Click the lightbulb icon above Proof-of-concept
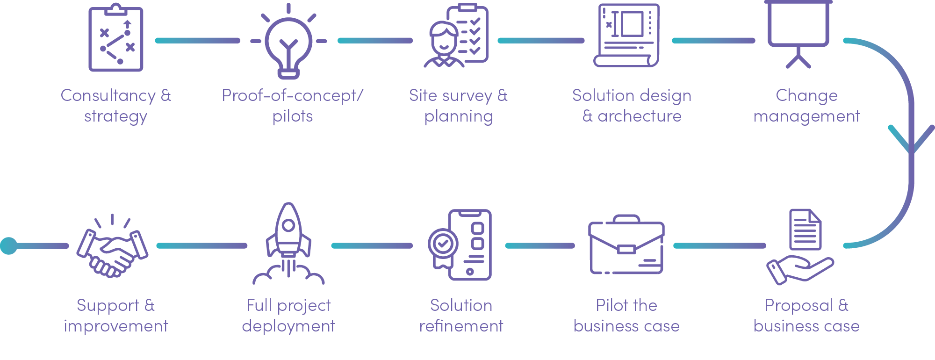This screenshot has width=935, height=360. pos(288,42)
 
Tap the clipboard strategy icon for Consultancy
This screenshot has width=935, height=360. pos(116,39)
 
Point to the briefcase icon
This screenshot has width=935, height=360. pos(626,245)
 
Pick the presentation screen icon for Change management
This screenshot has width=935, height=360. pos(798,33)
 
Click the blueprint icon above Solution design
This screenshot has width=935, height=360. pos(627,36)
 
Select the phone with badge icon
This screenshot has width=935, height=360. pos(460,245)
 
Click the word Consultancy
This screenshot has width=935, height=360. pos(108,95)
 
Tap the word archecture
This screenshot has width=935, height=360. pos(639,116)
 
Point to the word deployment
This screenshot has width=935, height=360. pos(288,326)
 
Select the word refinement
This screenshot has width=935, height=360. pos(461,326)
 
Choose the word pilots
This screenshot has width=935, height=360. pos(293,116)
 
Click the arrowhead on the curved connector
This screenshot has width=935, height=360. pos(911,140)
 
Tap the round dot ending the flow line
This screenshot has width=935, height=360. pos(8,245)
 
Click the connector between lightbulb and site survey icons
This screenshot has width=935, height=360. pos(375,41)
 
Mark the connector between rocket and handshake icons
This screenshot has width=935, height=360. pos(202,245)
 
